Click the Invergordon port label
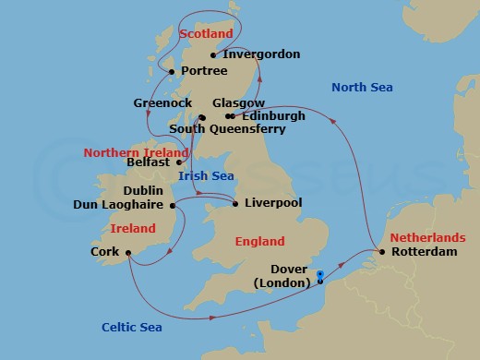[261, 54]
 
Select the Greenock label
[162, 102]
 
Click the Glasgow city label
[238, 102]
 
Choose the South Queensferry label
[226, 129]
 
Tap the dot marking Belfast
[179, 162]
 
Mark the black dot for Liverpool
[235, 203]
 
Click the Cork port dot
[127, 251]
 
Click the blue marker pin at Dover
[319, 273]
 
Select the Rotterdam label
[424, 251]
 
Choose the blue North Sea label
[362, 88]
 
